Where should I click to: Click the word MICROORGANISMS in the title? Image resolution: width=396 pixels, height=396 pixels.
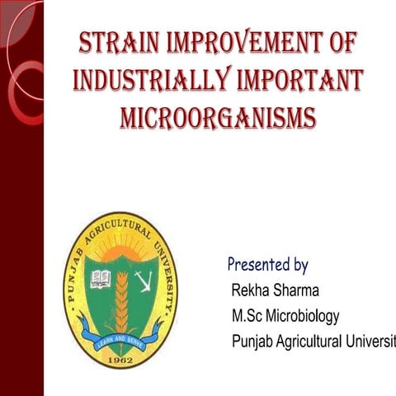point(218,117)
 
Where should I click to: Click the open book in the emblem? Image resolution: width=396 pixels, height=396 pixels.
point(101,279)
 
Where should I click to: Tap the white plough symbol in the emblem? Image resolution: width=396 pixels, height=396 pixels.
point(143,280)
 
